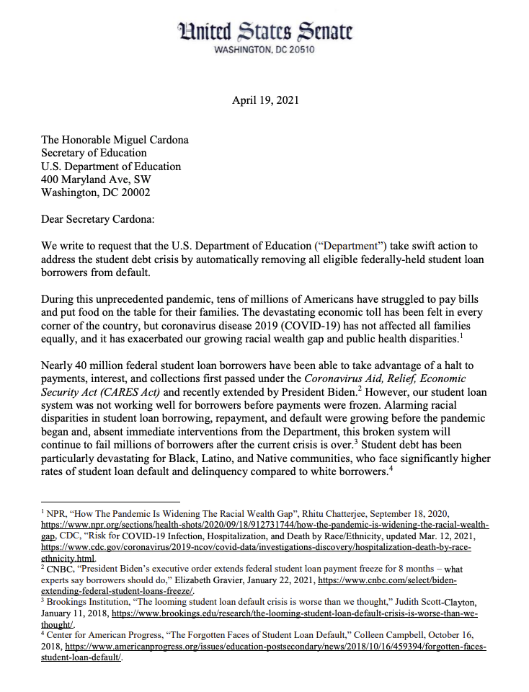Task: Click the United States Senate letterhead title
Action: click(x=264, y=31)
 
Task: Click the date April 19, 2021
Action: click(x=265, y=100)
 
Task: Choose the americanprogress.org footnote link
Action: click(x=274, y=647)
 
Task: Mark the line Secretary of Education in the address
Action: click(x=94, y=153)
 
